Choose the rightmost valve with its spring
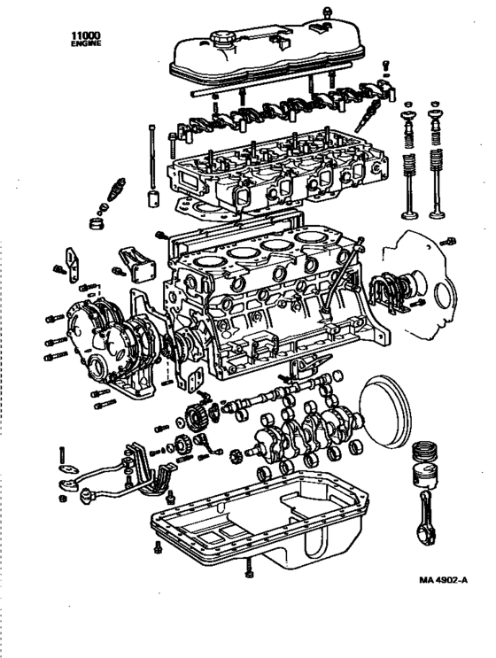tap(436, 168)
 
